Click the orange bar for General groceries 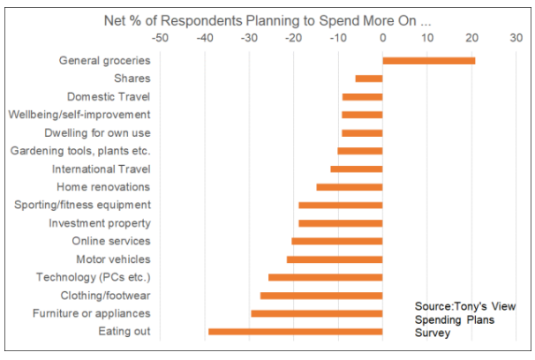click(x=428, y=60)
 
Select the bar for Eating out click(x=295, y=332)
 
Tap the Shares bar click(x=369, y=79)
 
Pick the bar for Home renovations click(x=350, y=187)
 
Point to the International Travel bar click(x=357, y=169)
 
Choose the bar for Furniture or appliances click(x=316, y=313)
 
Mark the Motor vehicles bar click(x=335, y=259)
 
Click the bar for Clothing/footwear click(x=321, y=296)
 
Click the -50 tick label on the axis click(x=161, y=38)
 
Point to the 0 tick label click(x=382, y=38)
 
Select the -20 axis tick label click(x=293, y=38)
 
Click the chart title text click(x=267, y=16)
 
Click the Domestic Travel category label click(x=109, y=96)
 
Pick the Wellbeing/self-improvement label click(x=79, y=115)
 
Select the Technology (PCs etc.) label click(x=93, y=277)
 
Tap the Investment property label click(x=100, y=223)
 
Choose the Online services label click(x=111, y=241)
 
